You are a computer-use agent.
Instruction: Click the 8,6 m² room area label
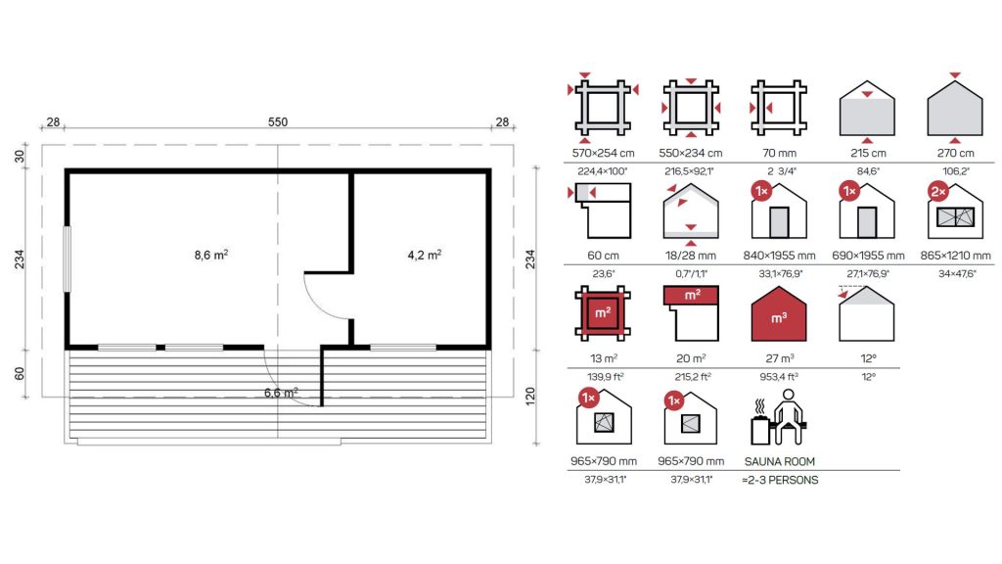(211, 256)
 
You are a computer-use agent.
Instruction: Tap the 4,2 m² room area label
(425, 256)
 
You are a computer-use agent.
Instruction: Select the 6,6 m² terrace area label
(281, 393)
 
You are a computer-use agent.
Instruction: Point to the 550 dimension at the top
(277, 121)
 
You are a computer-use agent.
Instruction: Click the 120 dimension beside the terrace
(529, 397)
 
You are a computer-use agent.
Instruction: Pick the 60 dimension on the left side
(20, 373)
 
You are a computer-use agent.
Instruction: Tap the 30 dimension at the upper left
(20, 156)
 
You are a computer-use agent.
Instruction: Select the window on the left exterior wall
(67, 258)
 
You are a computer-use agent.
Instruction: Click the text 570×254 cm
(603, 153)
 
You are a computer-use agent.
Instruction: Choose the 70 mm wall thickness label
(779, 153)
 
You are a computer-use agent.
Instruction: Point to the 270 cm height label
(955, 153)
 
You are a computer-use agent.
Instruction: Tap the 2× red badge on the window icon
(938, 191)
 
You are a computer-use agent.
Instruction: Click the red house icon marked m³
(779, 314)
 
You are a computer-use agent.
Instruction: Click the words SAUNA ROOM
(780, 461)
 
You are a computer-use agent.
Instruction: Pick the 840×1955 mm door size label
(779, 256)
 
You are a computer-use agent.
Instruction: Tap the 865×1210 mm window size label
(955, 256)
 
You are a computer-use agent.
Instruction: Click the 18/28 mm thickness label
(690, 256)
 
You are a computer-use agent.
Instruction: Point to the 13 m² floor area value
(603, 358)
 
